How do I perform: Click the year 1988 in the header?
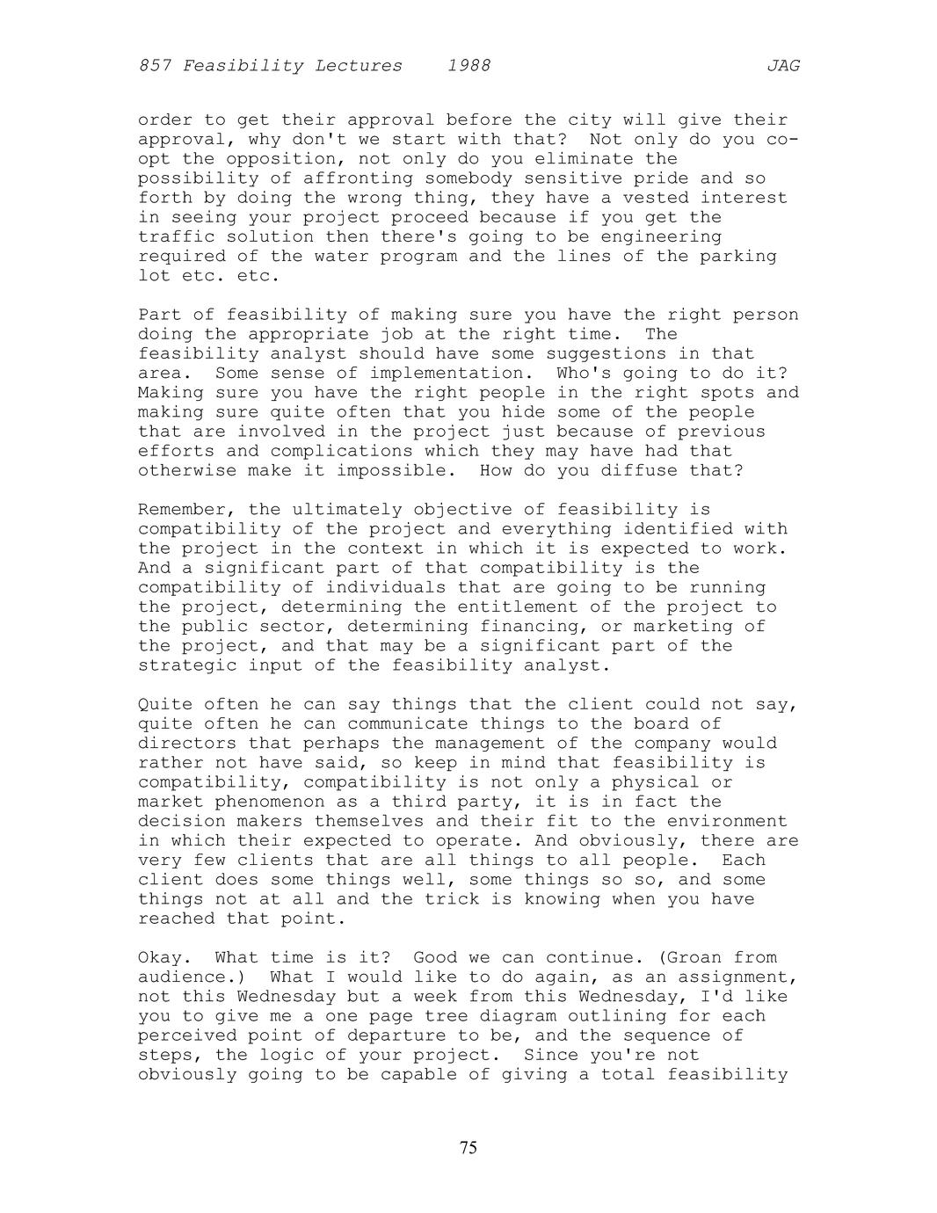point(468,66)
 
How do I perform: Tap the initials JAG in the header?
point(783,66)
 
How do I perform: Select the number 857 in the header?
point(155,66)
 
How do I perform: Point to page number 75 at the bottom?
point(468,1147)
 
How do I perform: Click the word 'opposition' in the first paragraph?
point(281,159)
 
